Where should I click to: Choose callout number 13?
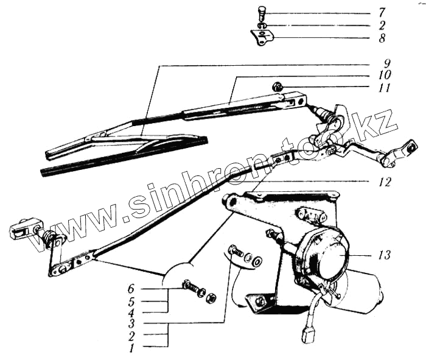(x=383, y=254)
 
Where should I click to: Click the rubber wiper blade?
(x=122, y=156)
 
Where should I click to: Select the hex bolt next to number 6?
(x=190, y=284)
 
